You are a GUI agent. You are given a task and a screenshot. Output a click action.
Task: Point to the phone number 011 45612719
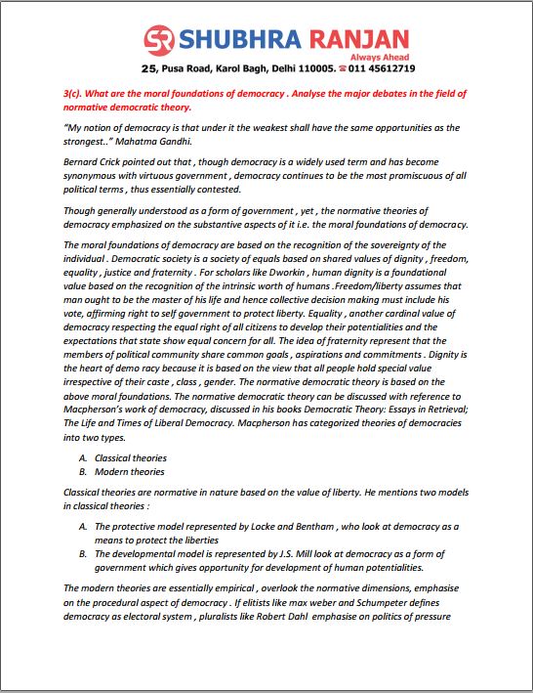[383, 69]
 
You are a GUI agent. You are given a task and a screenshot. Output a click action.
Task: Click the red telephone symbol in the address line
[342, 69]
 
